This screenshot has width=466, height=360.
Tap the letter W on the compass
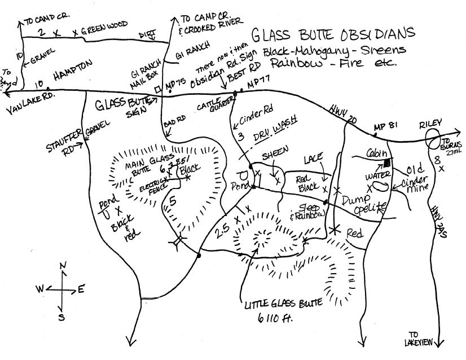point(40,289)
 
